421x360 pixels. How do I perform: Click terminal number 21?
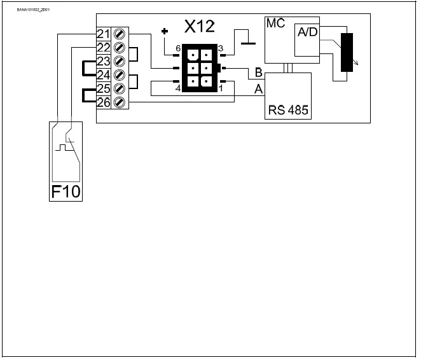pos(104,33)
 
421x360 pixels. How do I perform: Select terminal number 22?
pos(104,47)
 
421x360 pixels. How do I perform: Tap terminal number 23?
pos(104,61)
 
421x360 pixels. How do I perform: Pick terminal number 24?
pos(104,74)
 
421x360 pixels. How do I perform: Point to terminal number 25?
pos(104,88)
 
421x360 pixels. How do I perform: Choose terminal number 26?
pos(104,102)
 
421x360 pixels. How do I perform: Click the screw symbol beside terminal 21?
pos(118,33)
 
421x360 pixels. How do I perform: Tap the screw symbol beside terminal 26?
pos(118,102)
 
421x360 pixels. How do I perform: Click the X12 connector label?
pos(200,27)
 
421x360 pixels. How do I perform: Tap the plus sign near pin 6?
pos(165,31)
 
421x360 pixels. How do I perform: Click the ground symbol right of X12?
pos(245,43)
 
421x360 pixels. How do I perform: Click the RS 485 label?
pos(288,109)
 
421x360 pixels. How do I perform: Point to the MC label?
pos(274,24)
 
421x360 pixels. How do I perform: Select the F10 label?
pos(66,191)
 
